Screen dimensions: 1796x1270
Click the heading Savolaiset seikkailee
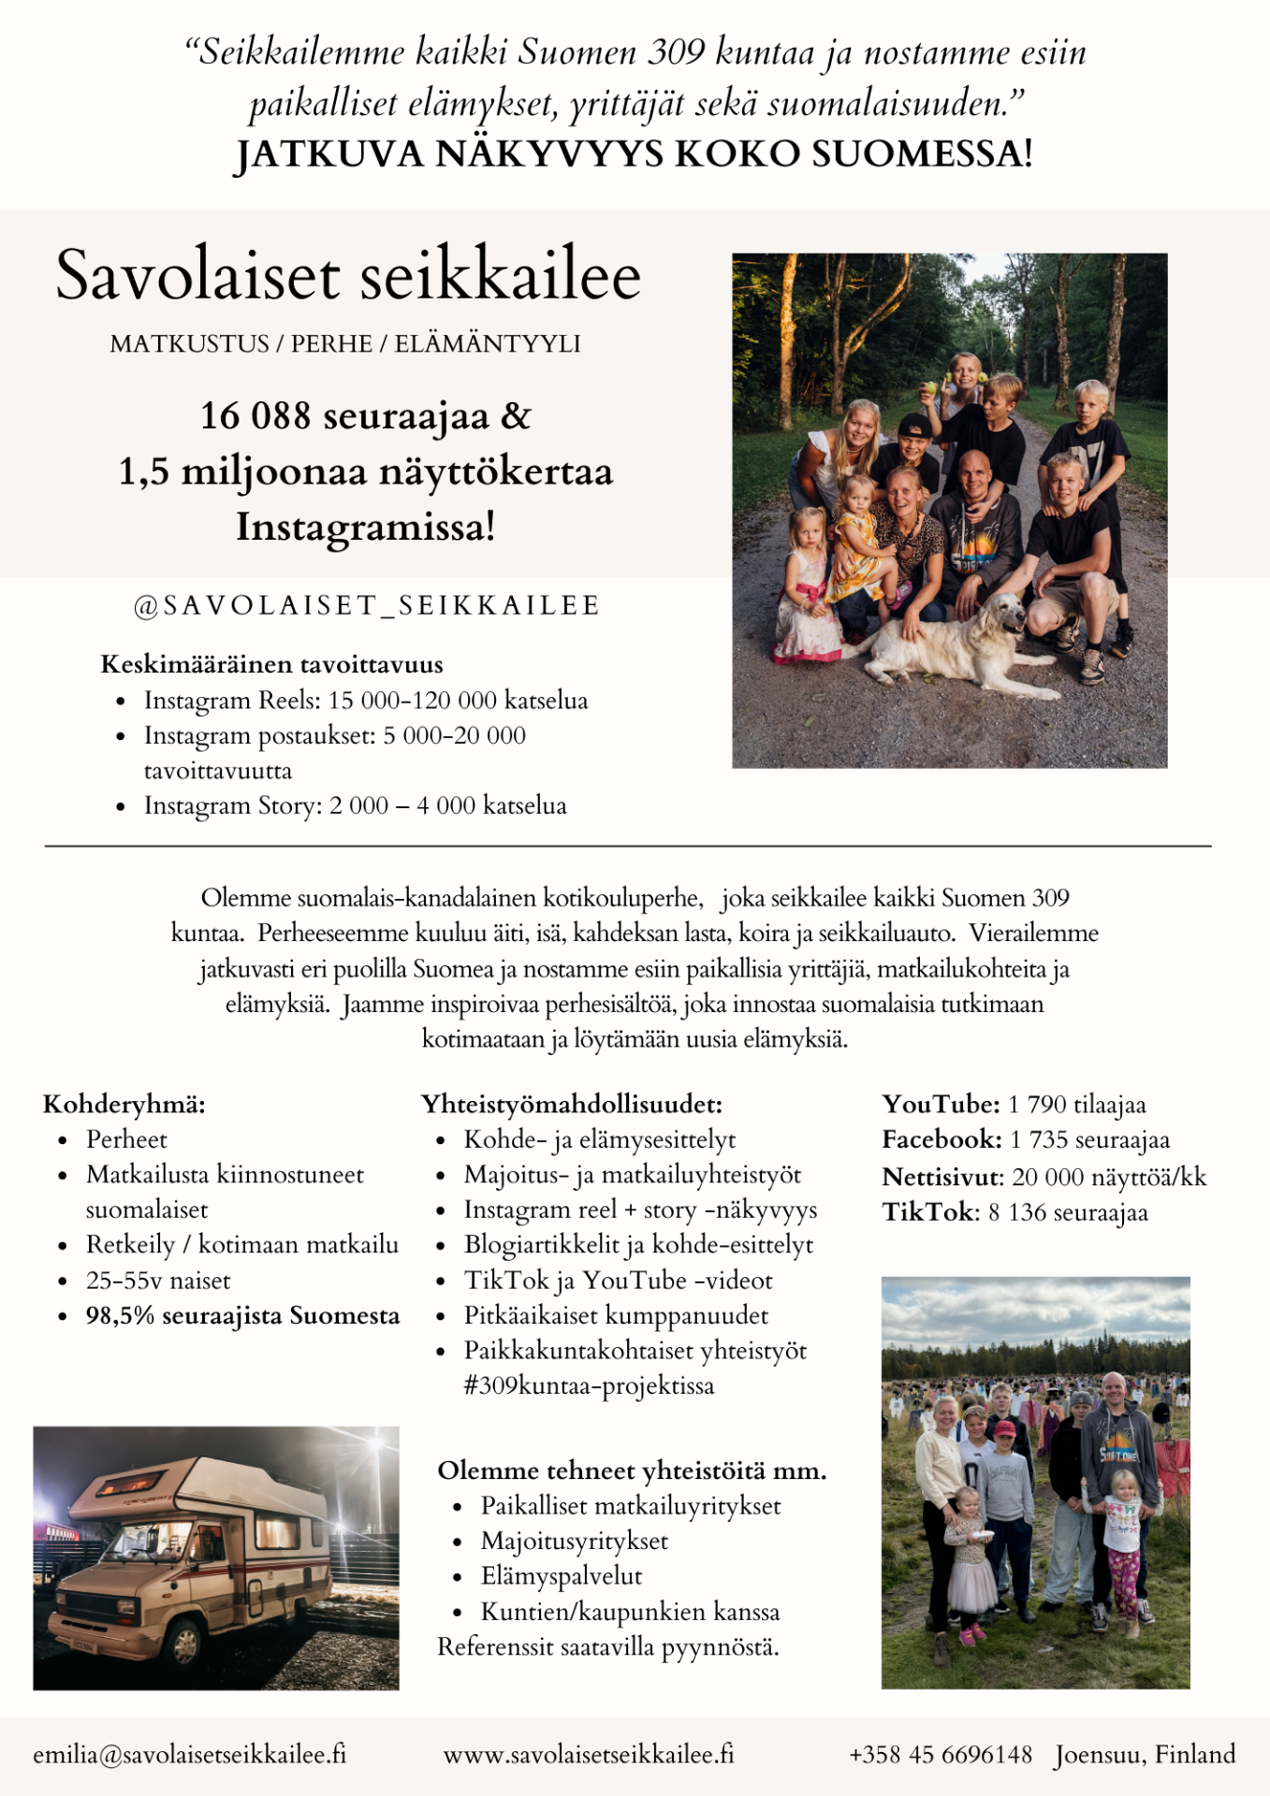(348, 276)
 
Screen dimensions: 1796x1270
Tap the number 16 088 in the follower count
(255, 415)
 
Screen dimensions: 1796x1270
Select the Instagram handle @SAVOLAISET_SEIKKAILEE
(367, 606)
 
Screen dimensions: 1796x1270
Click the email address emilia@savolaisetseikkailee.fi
(190, 1754)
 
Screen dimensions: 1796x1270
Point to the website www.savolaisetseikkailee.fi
(589, 1754)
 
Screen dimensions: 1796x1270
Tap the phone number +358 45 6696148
(940, 1754)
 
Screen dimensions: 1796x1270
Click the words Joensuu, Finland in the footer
(1145, 1754)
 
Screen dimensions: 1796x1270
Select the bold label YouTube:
(941, 1105)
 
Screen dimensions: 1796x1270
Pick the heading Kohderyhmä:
(124, 1105)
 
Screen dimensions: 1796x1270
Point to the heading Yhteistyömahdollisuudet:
(572, 1105)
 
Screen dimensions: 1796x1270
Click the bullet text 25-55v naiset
(158, 1281)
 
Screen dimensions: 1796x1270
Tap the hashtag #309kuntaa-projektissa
(589, 1385)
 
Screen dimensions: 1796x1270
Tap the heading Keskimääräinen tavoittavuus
(271, 665)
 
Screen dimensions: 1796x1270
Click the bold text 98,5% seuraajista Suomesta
(242, 1316)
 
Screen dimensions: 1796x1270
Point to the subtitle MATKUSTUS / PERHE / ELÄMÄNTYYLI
(345, 344)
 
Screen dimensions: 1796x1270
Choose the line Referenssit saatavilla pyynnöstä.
(608, 1647)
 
